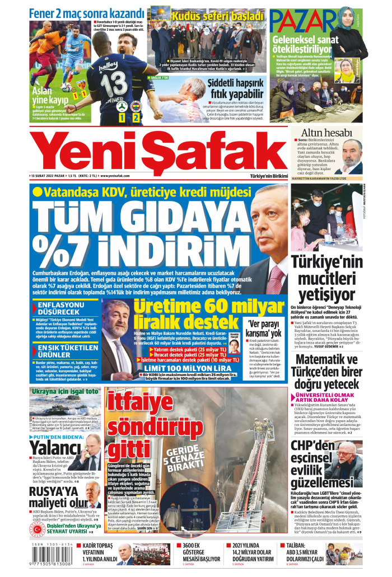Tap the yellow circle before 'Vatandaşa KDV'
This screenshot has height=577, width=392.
point(38,192)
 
